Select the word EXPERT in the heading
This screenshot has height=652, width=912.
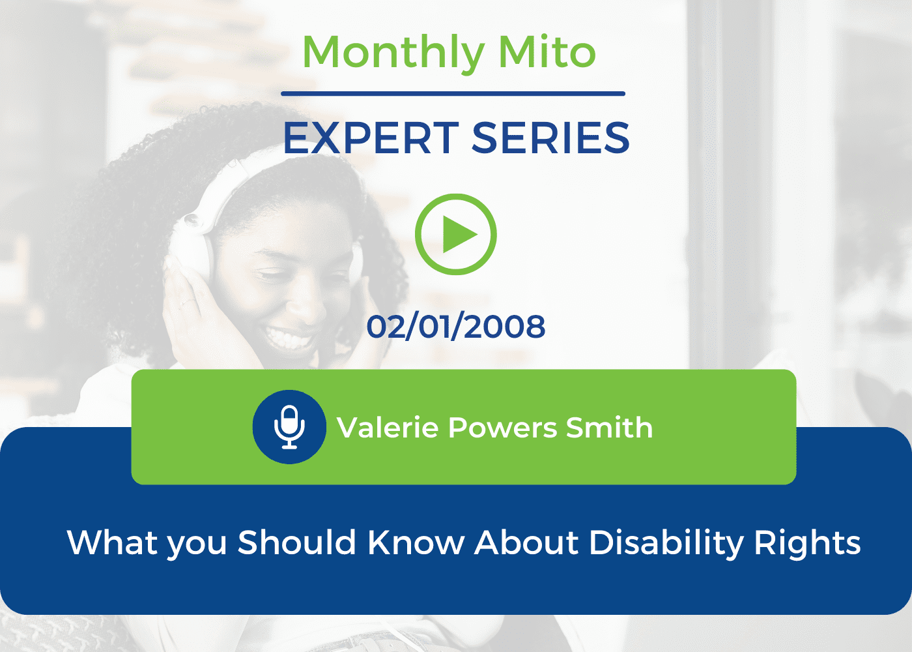(371, 138)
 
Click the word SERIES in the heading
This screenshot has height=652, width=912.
(550, 138)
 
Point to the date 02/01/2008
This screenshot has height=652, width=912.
(455, 327)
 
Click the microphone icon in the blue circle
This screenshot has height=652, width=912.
(289, 427)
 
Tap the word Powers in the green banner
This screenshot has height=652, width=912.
(502, 428)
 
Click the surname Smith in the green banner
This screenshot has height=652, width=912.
(610, 428)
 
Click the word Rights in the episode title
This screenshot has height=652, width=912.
(807, 544)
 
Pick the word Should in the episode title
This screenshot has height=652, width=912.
(297, 542)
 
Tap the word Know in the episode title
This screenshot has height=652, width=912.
(416, 542)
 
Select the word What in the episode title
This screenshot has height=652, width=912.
(112, 542)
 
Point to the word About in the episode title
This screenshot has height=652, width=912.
(527, 542)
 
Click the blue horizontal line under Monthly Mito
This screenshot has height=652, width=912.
(453, 94)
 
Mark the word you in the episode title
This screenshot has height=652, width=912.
(197, 546)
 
